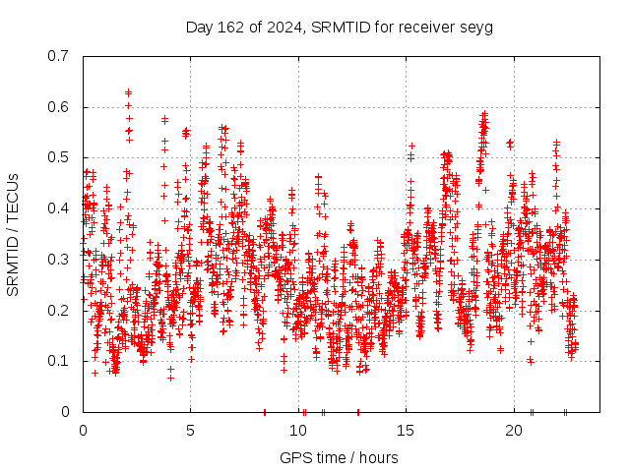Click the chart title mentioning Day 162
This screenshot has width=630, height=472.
pos(340,27)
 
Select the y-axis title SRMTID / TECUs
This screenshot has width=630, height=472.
pos(13,234)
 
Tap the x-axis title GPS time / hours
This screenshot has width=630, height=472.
pos(340,457)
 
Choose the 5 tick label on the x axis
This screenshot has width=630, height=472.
pos(191,431)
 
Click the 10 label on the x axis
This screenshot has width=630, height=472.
pos(298,431)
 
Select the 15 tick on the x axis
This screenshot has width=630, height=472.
pos(407,431)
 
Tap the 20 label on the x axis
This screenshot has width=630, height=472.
pos(514,431)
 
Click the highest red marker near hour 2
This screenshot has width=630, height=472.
pos(128,92)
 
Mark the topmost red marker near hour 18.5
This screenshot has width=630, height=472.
pos(483,113)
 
